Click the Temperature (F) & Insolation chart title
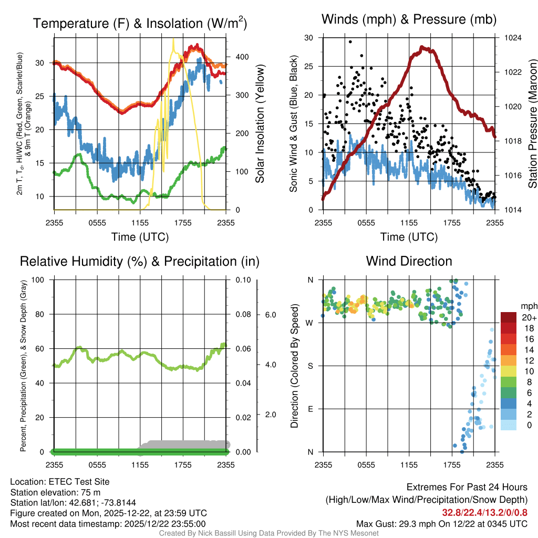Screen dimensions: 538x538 tap(140, 24)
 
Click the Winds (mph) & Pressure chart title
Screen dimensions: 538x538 tap(409, 20)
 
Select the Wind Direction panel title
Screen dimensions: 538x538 tap(409, 261)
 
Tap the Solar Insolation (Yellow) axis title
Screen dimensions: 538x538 tap(260, 124)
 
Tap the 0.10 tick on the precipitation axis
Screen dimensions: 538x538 tap(242, 280)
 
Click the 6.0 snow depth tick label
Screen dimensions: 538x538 tap(270, 315)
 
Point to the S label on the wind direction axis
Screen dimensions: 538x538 tap(310, 366)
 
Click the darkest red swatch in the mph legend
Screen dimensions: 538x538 tap(509, 318)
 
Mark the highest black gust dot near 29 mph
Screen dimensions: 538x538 tap(350, 42)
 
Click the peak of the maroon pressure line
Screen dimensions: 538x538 tap(422, 47)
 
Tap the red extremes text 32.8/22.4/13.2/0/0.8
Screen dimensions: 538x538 tap(484, 512)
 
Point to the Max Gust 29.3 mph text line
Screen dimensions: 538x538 tap(441, 523)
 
